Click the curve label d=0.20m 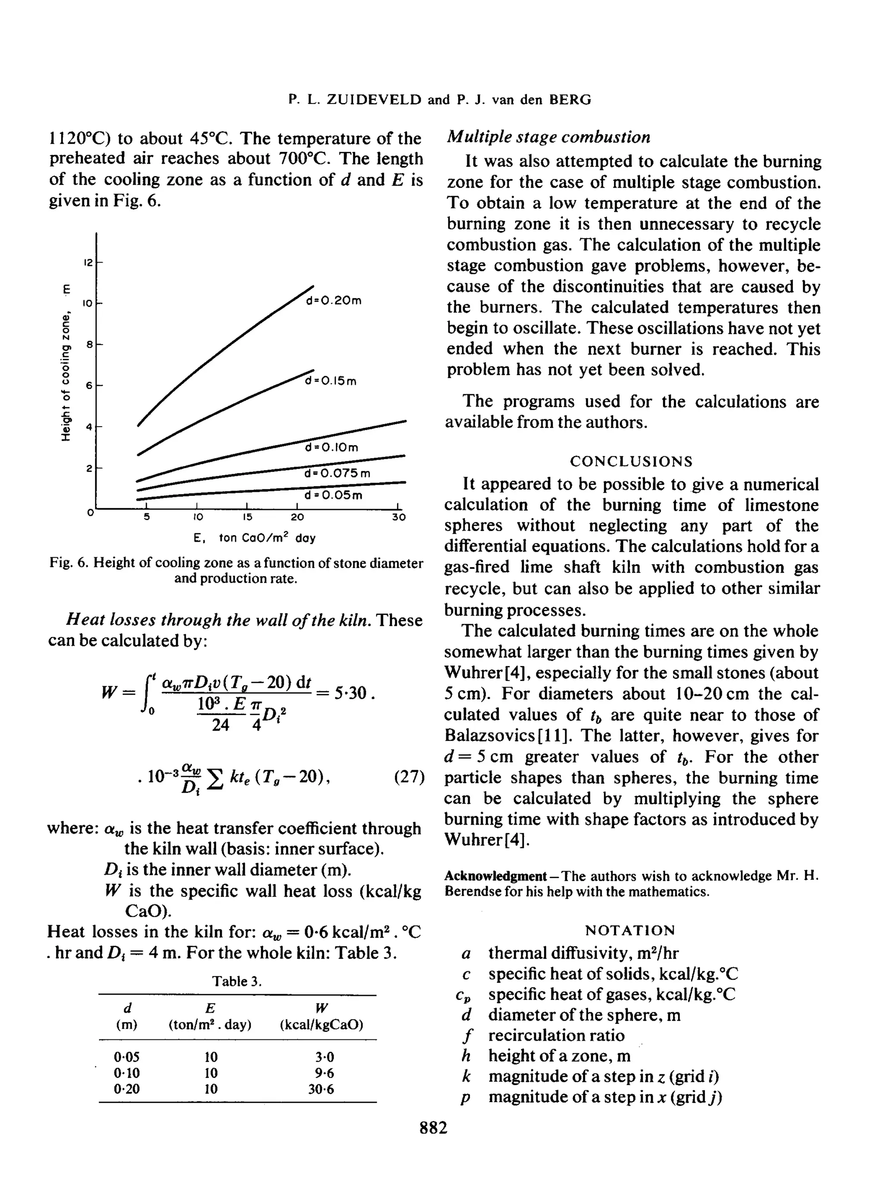click(x=334, y=301)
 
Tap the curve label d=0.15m click(x=330, y=381)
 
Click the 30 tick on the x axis click(x=399, y=517)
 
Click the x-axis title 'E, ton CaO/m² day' click(x=254, y=538)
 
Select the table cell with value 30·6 click(x=321, y=1089)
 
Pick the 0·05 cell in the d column click(x=127, y=1057)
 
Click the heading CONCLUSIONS click(x=631, y=461)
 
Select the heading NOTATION click(x=630, y=930)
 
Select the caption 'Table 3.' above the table click(x=237, y=981)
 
